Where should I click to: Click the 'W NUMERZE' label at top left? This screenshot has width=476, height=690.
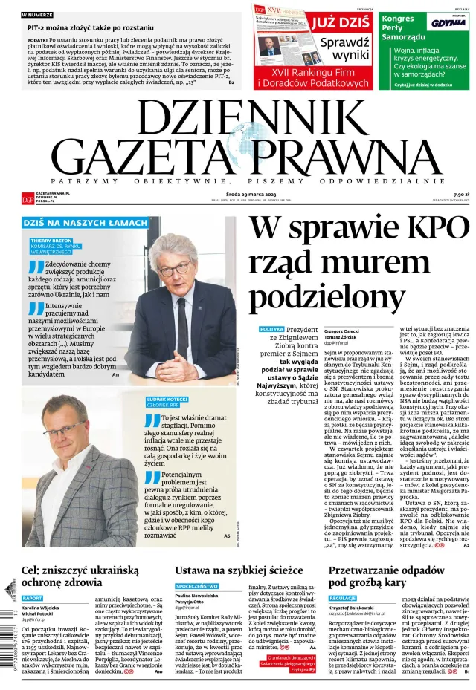[x=37, y=14]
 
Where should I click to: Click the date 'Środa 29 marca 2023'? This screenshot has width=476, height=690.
[x=237, y=193]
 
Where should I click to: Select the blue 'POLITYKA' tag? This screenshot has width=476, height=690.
[x=271, y=308]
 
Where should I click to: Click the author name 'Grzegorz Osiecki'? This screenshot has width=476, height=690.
[x=342, y=310]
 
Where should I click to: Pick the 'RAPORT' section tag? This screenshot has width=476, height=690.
[x=32, y=598]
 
